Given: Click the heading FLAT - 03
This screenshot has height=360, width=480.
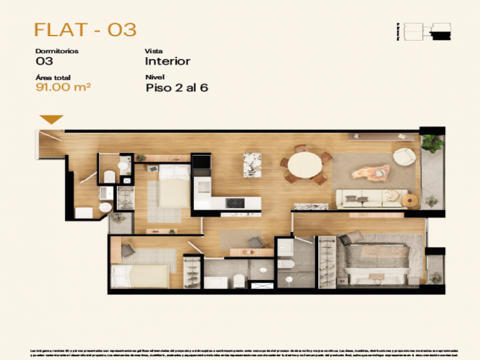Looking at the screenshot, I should pos(85,30).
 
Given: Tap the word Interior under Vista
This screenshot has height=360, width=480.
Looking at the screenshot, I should pos(168,61).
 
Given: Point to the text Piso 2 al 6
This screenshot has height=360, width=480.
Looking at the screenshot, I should pos(176,88).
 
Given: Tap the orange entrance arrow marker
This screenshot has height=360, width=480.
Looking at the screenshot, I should pos(51,120).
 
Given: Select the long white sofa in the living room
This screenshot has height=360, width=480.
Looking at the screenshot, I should pos(370,198).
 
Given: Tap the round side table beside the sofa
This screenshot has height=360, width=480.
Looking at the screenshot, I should pos(412,199).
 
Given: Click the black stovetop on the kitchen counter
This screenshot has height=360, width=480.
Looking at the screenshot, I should pos(235,204).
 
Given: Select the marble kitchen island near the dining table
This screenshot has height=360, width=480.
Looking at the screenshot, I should pos(252,164).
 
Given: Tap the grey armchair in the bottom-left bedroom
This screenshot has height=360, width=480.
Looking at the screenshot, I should pos(128,250).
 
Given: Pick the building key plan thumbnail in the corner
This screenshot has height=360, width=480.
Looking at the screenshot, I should pos(427,31).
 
